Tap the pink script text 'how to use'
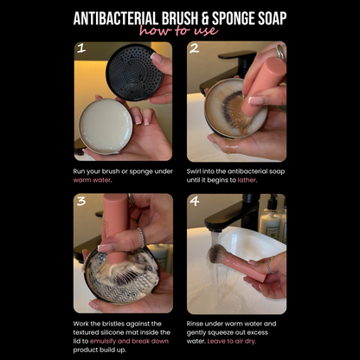pos(180,32)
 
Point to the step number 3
pos(81,203)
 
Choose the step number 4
pos(195,203)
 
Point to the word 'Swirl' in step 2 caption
pos(196,172)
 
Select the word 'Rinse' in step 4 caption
pos(196,324)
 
